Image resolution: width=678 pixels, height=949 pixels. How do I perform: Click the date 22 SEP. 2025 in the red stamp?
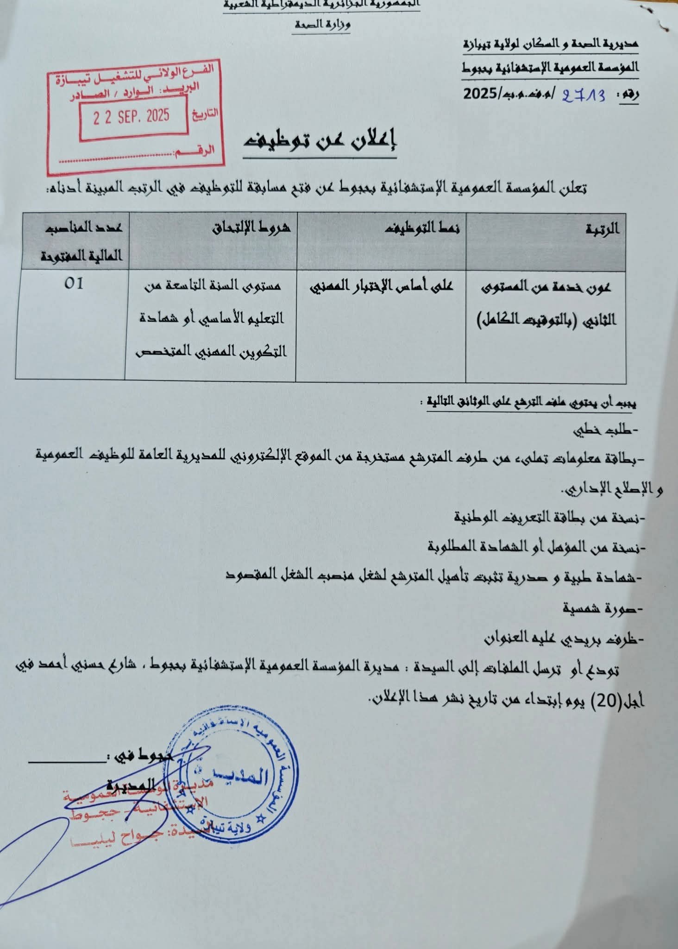coord(132,116)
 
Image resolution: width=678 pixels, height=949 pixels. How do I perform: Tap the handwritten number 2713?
coord(584,95)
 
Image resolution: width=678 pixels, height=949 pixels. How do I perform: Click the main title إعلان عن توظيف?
coord(320,140)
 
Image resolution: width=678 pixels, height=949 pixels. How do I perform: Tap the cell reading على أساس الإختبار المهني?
coord(381,286)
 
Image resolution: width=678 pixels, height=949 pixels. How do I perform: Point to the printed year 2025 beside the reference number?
coord(480,94)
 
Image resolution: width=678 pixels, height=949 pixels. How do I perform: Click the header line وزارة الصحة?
coord(322,25)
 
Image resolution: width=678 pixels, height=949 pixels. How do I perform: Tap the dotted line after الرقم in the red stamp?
coord(116,159)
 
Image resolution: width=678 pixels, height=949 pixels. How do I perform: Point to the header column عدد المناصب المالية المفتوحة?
coord(81,241)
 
